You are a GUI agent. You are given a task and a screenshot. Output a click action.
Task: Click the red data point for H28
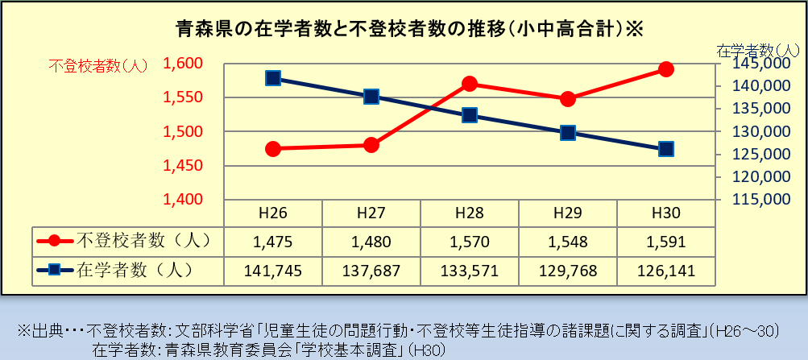[470, 84]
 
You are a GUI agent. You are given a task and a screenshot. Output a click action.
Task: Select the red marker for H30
[665, 69]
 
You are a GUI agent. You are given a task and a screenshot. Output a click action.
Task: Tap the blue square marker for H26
[273, 78]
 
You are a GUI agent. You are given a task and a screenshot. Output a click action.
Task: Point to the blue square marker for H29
[567, 133]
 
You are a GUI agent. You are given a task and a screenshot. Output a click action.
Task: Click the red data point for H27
[371, 145]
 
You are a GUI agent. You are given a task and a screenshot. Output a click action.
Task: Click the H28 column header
[469, 213]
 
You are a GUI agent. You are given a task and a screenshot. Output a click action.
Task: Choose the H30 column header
[665, 213]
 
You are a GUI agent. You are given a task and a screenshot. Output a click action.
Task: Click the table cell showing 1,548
[567, 240]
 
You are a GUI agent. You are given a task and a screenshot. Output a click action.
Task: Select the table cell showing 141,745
[273, 270]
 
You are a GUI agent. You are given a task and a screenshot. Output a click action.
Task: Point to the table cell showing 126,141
[665, 270]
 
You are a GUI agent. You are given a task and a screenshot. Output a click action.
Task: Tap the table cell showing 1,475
[273, 240]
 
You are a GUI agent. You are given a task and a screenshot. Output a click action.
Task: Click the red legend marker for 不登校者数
[54, 240]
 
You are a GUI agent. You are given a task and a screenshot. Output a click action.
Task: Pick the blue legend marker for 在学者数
[54, 269]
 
